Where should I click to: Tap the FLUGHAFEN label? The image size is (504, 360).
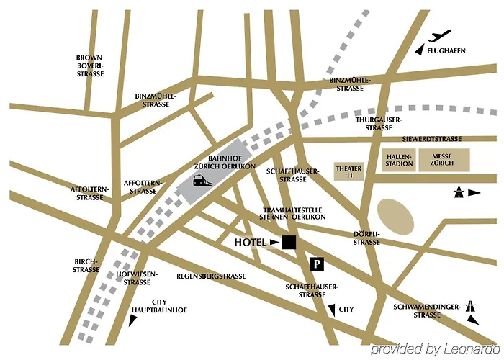[446, 51]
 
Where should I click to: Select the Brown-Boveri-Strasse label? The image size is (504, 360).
[91, 66]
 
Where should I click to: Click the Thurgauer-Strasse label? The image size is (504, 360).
[378, 123]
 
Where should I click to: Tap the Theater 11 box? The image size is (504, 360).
[348, 171]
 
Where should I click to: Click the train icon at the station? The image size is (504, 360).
[202, 181]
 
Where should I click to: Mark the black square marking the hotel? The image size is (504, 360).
[289, 243]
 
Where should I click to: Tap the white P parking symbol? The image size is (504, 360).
[316, 264]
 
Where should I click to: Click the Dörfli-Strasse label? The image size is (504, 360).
[366, 238]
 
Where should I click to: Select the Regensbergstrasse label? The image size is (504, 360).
[211, 276]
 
